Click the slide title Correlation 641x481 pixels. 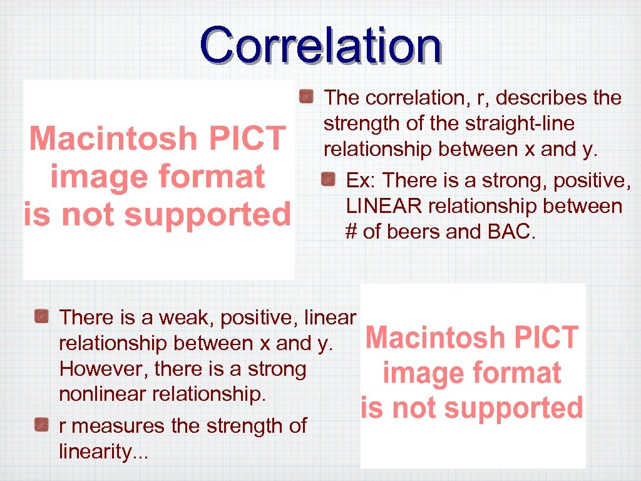pos(320,45)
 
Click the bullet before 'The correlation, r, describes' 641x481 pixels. pos(306,96)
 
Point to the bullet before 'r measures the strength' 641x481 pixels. pos(41,425)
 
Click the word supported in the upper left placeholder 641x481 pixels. pos(208,215)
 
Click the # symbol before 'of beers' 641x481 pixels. pos(351,232)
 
